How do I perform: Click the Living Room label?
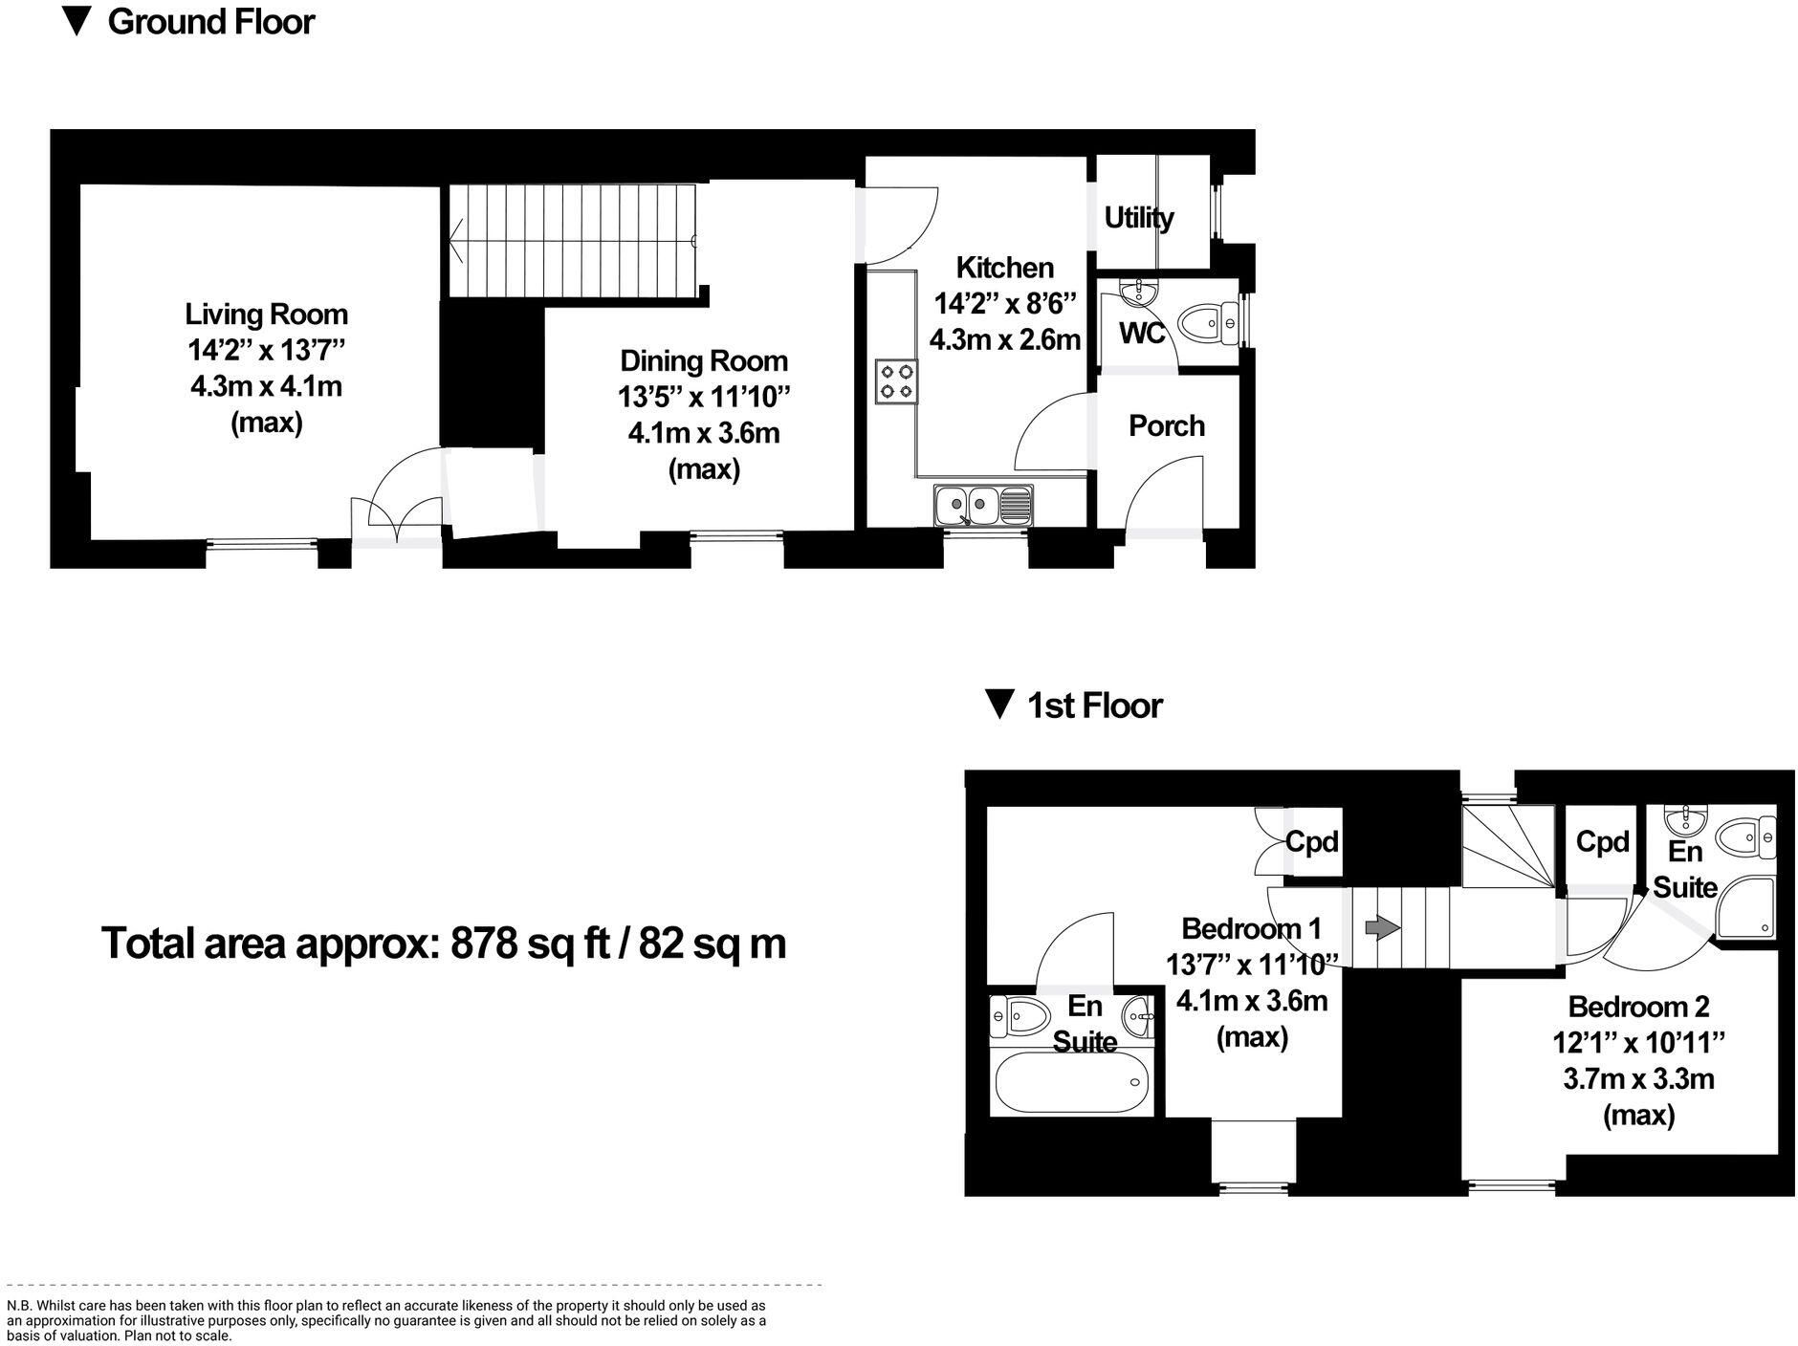266,314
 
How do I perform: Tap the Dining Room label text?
704,360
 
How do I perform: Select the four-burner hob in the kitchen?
896,380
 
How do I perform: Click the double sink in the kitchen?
983,504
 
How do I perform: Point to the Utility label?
1138,218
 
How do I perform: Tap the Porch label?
1166,425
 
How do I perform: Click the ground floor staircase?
572,240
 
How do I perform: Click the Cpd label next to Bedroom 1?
1311,842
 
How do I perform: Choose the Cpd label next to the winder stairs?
1602,842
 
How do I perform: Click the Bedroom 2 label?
1638,1007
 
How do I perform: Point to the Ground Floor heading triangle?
77,21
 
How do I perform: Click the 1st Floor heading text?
1094,706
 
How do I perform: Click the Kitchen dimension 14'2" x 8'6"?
1005,304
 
